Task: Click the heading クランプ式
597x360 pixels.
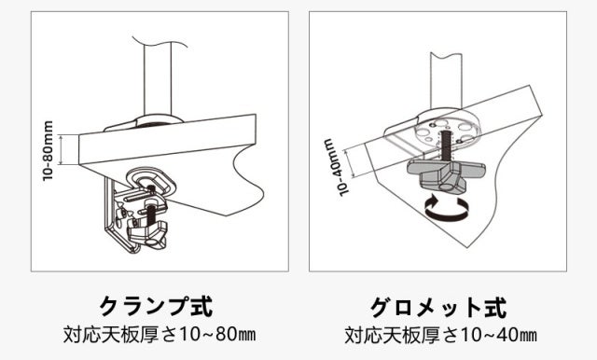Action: click(x=156, y=306)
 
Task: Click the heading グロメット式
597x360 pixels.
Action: click(x=438, y=307)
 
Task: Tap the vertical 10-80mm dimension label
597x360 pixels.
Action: click(x=48, y=150)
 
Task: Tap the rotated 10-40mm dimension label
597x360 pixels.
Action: click(x=335, y=167)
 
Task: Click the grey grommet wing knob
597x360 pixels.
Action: click(x=447, y=174)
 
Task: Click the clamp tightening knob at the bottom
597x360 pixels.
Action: click(x=148, y=234)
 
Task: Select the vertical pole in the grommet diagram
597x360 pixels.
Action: click(x=446, y=81)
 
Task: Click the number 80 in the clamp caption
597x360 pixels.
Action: click(x=225, y=335)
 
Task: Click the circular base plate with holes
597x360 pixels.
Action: click(x=448, y=132)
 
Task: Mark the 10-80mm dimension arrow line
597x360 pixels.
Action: click(x=61, y=149)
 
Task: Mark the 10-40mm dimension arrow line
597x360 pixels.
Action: click(x=350, y=163)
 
